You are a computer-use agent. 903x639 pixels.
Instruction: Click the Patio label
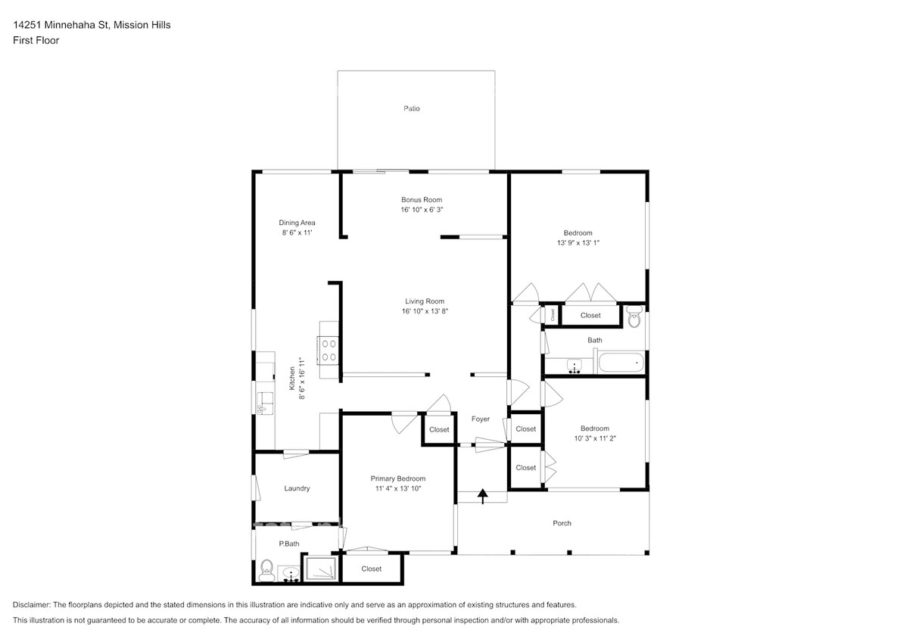click(412, 108)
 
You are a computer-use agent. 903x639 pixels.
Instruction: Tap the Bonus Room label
click(422, 200)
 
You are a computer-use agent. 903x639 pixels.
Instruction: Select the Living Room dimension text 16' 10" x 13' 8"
click(425, 311)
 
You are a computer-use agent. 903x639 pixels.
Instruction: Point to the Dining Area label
click(297, 223)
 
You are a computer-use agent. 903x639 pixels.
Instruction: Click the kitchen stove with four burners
click(329, 350)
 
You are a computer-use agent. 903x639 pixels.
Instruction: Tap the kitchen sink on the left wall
click(266, 402)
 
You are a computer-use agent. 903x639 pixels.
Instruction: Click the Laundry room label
click(297, 488)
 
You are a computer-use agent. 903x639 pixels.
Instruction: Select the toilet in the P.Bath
click(266, 570)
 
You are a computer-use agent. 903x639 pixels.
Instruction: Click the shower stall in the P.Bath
click(320, 569)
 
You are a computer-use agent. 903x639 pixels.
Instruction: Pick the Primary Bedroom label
click(398, 478)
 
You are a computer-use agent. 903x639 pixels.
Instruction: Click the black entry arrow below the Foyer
click(483, 496)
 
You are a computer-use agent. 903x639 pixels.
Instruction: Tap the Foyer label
click(481, 419)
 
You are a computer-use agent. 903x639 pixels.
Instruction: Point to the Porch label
click(562, 523)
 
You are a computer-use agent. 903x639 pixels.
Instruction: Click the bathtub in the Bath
click(621, 363)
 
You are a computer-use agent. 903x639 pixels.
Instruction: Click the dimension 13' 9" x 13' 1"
click(578, 243)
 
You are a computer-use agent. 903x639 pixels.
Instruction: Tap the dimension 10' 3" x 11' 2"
click(595, 438)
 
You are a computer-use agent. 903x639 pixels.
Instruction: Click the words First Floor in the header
click(36, 40)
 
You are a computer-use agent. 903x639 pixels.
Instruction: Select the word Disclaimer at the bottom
click(31, 605)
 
